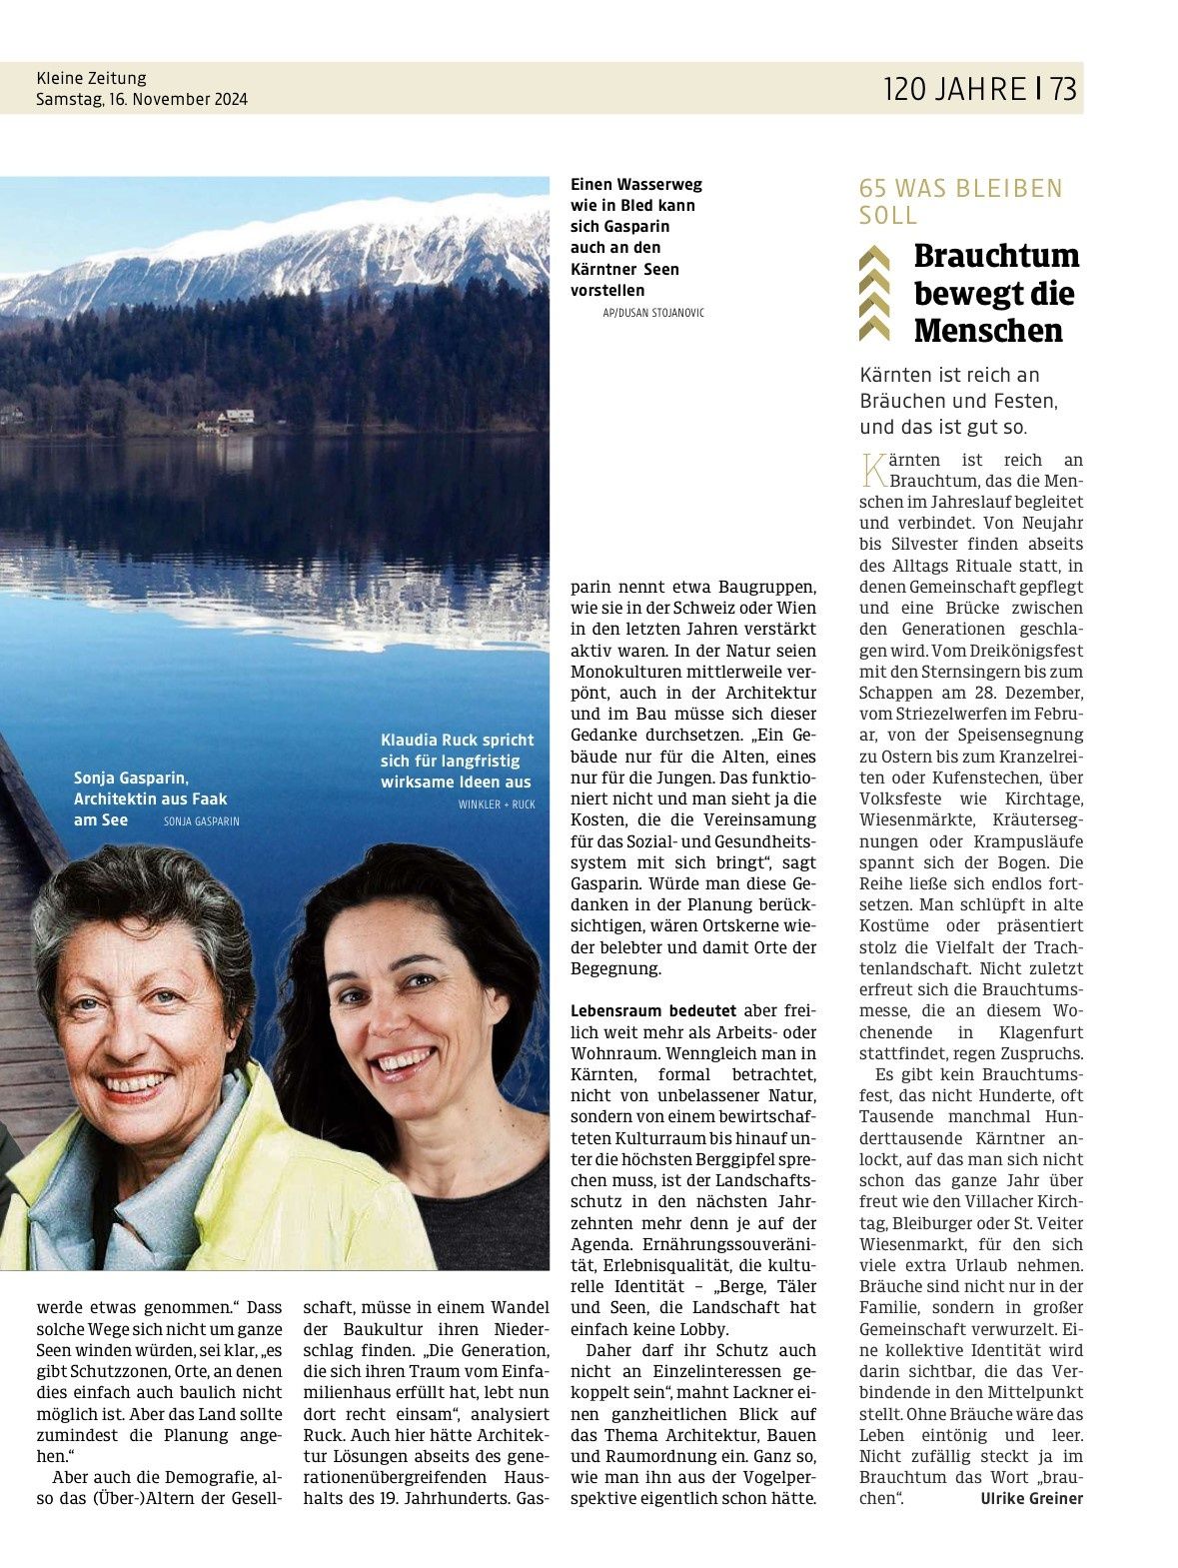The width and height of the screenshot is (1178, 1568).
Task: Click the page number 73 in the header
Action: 1062,89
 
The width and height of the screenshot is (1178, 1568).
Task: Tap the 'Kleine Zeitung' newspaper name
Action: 91,78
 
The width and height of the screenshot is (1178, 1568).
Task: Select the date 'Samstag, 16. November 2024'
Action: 141,100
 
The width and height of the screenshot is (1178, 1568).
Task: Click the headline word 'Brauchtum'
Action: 996,256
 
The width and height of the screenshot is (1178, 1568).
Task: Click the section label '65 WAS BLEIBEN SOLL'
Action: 960,201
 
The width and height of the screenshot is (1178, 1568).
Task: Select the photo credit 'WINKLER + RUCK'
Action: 497,804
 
